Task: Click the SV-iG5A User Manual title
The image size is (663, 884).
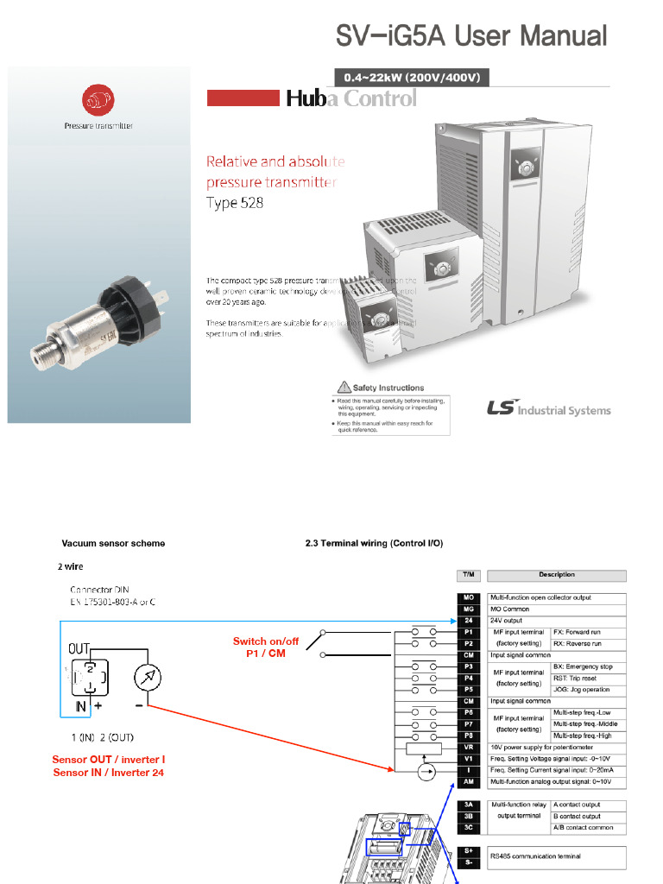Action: click(x=471, y=35)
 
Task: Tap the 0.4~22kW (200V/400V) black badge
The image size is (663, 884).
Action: click(x=412, y=78)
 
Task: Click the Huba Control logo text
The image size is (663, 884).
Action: click(x=350, y=98)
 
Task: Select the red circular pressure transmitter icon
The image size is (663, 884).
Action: click(x=98, y=101)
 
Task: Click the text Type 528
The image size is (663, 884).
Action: click(x=234, y=204)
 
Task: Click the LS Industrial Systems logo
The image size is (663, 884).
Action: click(x=548, y=408)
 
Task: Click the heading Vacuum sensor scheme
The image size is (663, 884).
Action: click(x=113, y=544)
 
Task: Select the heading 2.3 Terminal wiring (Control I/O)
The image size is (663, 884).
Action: click(x=374, y=544)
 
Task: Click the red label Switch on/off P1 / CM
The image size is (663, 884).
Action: click(x=266, y=647)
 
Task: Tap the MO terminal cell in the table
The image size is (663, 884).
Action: click(x=467, y=597)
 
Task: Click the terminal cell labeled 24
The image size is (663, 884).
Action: click(x=467, y=620)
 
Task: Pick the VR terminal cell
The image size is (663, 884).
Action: click(x=467, y=747)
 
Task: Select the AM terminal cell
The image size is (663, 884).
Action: click(x=467, y=781)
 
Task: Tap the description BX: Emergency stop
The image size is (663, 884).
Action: click(x=583, y=666)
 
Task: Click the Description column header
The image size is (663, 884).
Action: click(x=557, y=575)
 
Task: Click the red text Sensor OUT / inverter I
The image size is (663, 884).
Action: click(x=109, y=760)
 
